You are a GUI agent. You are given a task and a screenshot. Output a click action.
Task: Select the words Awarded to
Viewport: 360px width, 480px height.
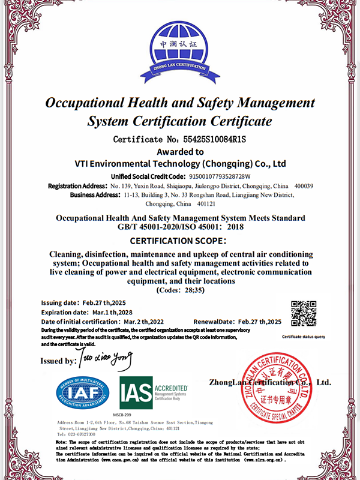(179, 151)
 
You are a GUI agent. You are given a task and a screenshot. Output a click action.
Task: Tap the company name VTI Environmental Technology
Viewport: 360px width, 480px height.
(179, 163)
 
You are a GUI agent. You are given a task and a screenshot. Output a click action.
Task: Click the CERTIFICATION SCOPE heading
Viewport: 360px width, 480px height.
(179, 241)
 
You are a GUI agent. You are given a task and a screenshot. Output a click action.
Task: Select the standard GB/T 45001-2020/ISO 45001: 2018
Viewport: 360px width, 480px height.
(179, 227)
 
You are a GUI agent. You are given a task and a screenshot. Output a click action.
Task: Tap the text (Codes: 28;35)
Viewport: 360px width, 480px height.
(179, 290)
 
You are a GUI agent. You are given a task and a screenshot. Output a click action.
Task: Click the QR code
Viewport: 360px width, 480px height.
(304, 313)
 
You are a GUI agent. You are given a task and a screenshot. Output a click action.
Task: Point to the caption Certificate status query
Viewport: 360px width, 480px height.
(304, 337)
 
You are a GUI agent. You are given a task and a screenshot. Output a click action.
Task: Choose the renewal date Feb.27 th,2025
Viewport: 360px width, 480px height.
(260, 322)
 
